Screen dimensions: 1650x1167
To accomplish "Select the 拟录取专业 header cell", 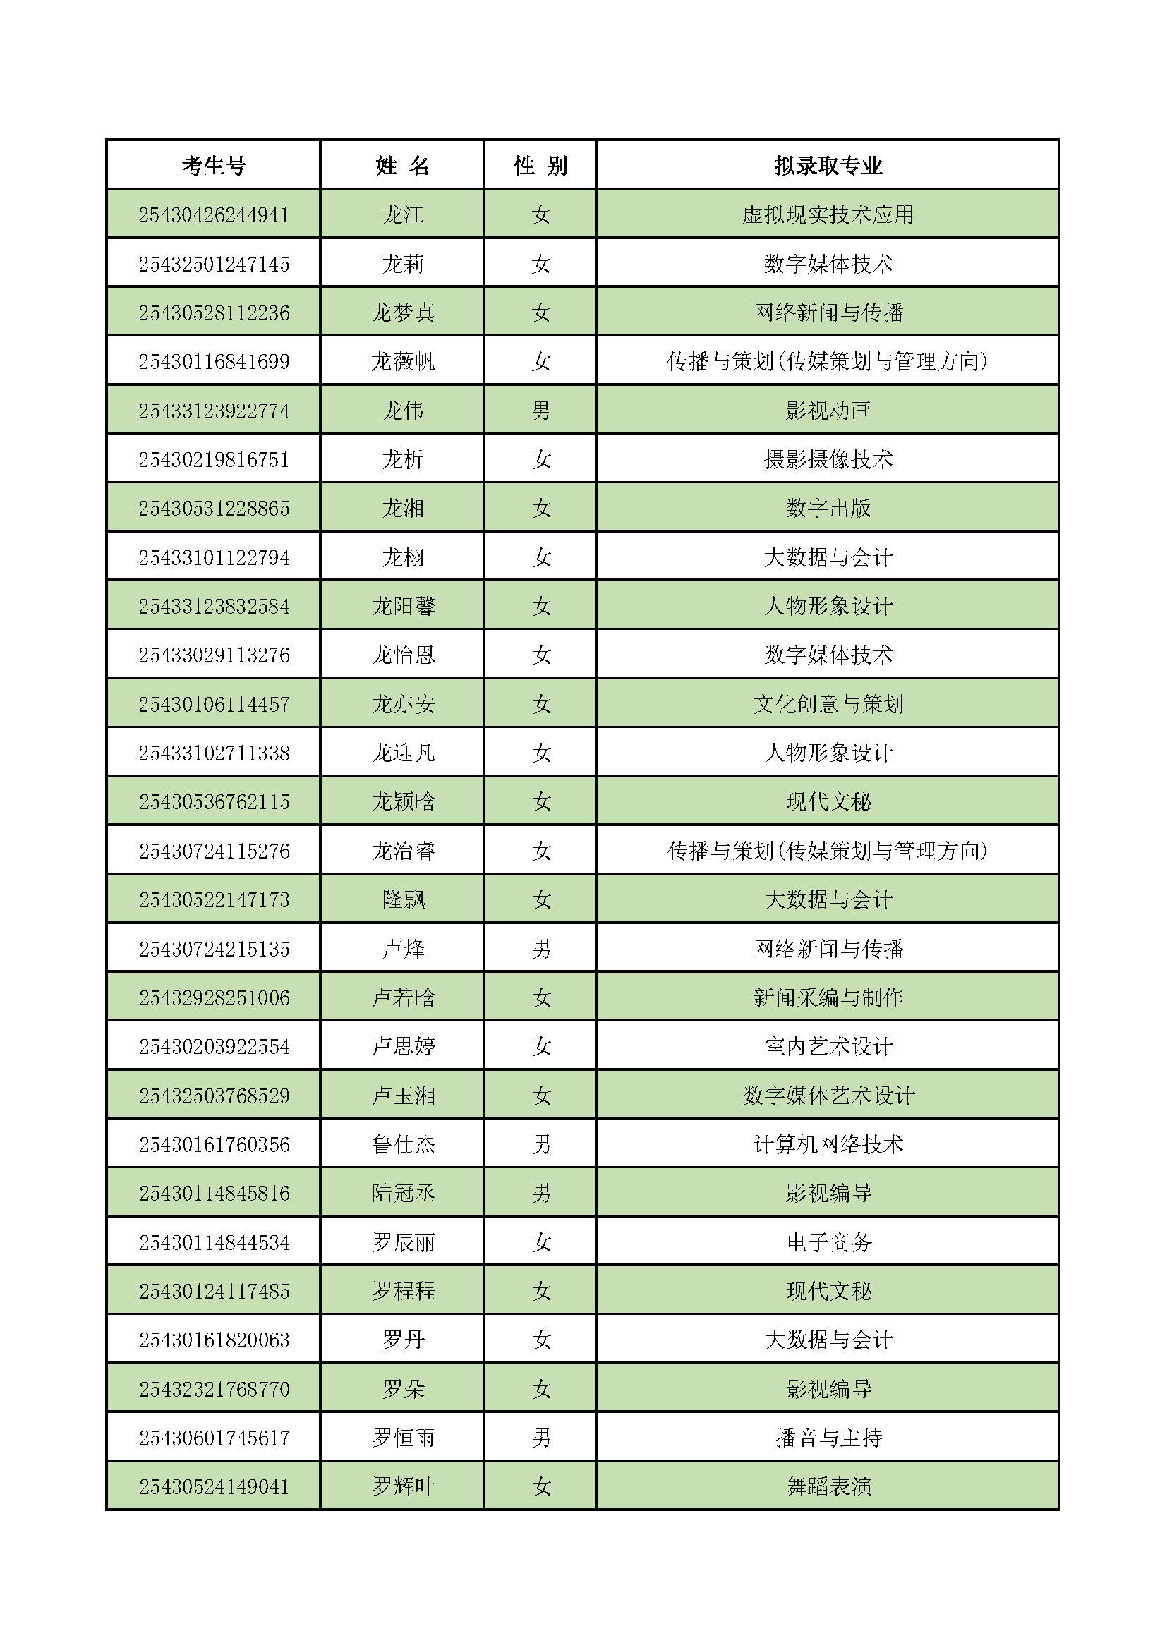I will [828, 165].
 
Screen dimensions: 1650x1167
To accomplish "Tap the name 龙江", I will [402, 214].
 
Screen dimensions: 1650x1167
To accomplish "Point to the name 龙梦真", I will [402, 313].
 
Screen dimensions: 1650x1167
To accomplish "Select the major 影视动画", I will [828, 411].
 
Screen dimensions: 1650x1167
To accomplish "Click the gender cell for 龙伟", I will [540, 411].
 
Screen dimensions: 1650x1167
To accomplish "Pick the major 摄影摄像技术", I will [828, 459].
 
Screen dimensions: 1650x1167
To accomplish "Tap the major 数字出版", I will [828, 508].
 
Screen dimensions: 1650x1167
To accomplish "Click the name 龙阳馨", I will [402, 606].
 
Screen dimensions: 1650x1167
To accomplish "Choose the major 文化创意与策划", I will [828, 703].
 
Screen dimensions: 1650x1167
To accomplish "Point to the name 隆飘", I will [402, 899].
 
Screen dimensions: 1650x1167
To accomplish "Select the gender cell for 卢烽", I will [540, 949].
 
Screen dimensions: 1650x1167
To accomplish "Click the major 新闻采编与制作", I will [828, 997].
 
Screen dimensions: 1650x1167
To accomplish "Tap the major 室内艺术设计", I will [828, 1046].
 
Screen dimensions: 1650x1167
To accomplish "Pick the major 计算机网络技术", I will [828, 1144].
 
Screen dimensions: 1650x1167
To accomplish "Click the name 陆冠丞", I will [402, 1193].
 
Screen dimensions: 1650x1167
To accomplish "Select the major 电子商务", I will [828, 1242].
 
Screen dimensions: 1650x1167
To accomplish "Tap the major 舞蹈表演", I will [828, 1486].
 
